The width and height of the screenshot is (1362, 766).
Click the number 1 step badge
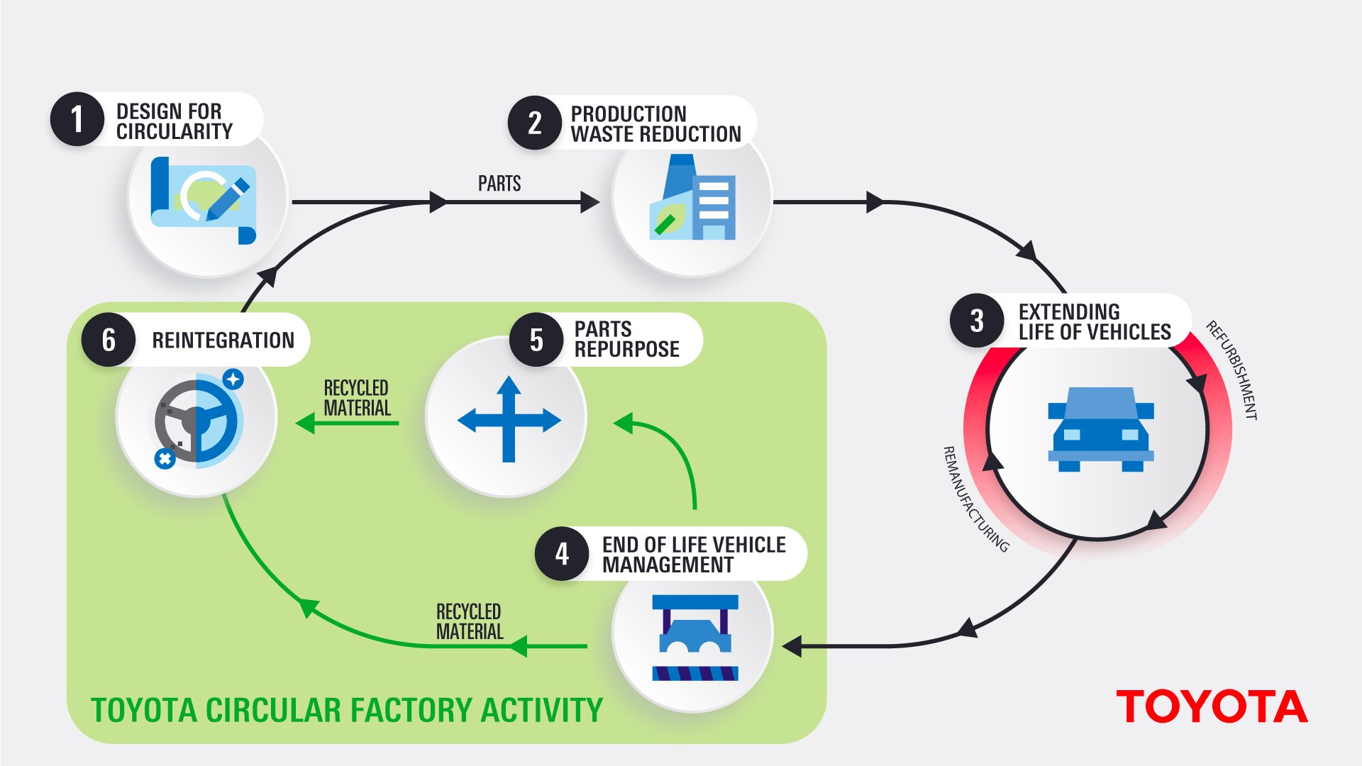tap(77, 119)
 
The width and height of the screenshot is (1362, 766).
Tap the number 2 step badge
tap(535, 123)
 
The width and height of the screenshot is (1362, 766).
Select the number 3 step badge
tap(977, 321)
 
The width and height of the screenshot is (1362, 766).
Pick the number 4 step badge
tap(562, 554)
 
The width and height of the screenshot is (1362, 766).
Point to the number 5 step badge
tap(536, 340)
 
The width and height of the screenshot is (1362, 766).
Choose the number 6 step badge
tap(109, 340)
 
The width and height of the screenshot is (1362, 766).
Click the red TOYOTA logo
tap(1212, 707)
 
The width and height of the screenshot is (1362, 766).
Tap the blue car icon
tap(1101, 429)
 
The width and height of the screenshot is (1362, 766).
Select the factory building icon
tap(693, 198)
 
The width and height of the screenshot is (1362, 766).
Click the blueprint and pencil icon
tap(204, 200)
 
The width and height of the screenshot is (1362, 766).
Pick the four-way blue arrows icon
tap(509, 420)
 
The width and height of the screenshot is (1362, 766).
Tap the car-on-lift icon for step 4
tap(695, 638)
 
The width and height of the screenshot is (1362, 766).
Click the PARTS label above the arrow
tap(499, 184)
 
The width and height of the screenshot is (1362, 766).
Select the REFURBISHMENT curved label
tap(1232, 370)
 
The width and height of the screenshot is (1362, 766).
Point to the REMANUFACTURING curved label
tap(975, 499)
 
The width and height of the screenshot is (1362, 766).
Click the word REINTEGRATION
tap(223, 340)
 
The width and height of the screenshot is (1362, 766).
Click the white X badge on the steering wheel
tap(165, 459)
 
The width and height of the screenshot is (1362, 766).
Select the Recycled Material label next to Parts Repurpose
tap(357, 398)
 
